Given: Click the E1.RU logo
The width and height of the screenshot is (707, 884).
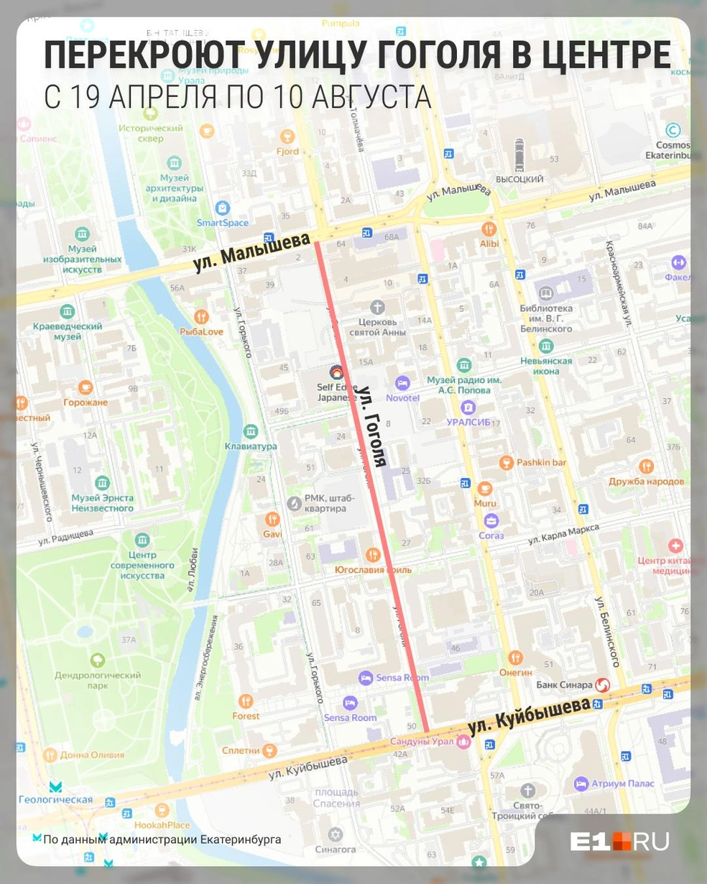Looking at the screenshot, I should (619, 841).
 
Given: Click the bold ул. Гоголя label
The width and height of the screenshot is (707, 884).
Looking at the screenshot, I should (373, 426).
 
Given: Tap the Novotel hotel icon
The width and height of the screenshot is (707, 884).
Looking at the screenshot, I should (402, 383).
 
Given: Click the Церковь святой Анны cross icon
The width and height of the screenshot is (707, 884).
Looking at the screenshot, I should (377, 308).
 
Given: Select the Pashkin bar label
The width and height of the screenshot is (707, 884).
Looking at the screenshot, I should (541, 462).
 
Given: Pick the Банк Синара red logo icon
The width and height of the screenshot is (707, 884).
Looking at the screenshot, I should (602, 685).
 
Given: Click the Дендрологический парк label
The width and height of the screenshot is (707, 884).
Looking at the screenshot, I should (98, 680).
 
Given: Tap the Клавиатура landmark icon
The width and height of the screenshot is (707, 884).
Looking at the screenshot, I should (250, 432).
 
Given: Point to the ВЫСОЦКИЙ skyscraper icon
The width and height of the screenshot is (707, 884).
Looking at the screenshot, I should (519, 155).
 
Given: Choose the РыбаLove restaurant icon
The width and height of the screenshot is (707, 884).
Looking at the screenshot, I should (201, 317).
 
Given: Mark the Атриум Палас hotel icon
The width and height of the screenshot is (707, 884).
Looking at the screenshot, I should (581, 783).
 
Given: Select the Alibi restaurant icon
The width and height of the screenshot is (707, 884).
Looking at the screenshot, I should (489, 229).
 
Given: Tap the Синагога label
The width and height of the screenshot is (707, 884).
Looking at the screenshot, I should (335, 849).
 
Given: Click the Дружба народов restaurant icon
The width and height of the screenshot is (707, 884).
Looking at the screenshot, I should (646, 466).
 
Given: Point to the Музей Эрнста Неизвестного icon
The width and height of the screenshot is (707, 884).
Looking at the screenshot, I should (102, 483).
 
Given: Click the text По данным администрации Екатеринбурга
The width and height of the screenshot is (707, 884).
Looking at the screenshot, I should (162, 839).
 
